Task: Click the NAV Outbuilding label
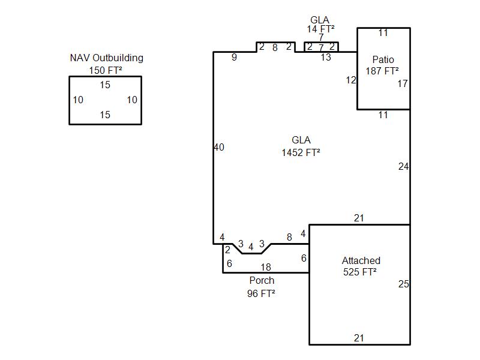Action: [x=106, y=58]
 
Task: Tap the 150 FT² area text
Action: [x=106, y=70]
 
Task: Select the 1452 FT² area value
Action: [x=301, y=152]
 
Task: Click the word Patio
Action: [x=383, y=59]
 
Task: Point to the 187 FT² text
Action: [x=383, y=71]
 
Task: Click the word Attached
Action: [x=361, y=260]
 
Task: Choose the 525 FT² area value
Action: [x=359, y=272]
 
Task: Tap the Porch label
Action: [x=262, y=280]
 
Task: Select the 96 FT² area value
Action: [x=261, y=293]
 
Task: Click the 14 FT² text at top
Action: [x=321, y=29]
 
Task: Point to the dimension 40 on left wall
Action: [x=219, y=147]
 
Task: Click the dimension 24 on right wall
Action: [x=403, y=166]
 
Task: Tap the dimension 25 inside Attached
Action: [x=403, y=284]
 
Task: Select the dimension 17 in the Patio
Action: [x=402, y=83]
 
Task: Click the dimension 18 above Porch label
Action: [x=265, y=268]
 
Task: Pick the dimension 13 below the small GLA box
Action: [x=325, y=58]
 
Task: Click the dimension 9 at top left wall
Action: [x=234, y=58]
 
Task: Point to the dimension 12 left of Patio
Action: [x=351, y=80]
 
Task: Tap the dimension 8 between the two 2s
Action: [x=275, y=47]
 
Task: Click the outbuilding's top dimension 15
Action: [x=105, y=85]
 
